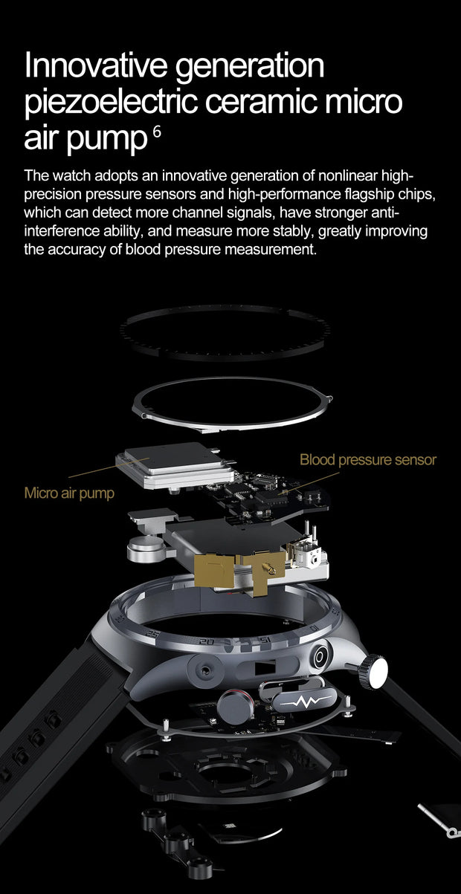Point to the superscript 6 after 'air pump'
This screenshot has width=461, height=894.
(156, 132)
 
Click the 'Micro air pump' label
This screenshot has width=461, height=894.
(69, 493)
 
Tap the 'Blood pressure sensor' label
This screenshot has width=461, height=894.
(367, 460)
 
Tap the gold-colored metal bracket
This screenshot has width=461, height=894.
(223, 572)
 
